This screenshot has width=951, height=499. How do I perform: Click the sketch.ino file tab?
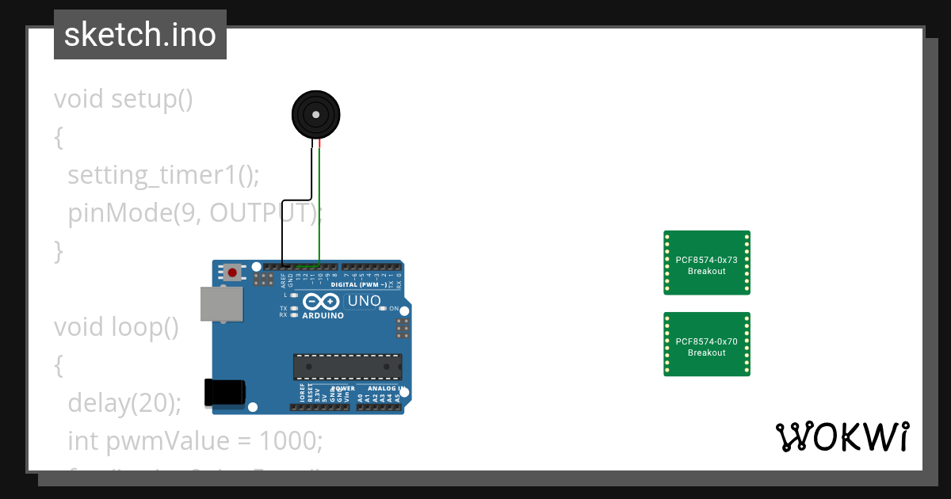click(x=140, y=35)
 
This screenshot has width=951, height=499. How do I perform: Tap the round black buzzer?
click(x=316, y=116)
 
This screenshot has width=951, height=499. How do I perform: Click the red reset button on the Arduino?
click(x=232, y=273)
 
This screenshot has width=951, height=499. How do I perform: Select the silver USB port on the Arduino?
click(x=221, y=303)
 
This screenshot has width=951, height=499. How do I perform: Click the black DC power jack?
click(x=225, y=393)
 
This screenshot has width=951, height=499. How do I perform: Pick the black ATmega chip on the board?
click(x=347, y=367)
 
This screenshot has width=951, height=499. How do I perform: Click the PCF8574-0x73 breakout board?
click(x=706, y=263)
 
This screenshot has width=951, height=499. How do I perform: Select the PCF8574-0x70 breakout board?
click(x=706, y=345)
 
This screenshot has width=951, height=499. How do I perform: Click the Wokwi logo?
click(x=842, y=437)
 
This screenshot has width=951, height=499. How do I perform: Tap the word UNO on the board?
click(x=365, y=301)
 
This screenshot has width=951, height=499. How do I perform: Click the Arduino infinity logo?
click(x=321, y=302)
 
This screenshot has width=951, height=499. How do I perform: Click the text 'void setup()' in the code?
click(x=124, y=99)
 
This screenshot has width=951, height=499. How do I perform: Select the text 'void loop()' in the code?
click(x=116, y=327)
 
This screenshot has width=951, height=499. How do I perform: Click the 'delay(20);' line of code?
click(x=124, y=403)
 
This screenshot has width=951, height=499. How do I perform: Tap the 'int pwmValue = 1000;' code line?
click(x=195, y=440)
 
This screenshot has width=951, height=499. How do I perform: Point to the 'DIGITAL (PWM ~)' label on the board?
click(x=357, y=284)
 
